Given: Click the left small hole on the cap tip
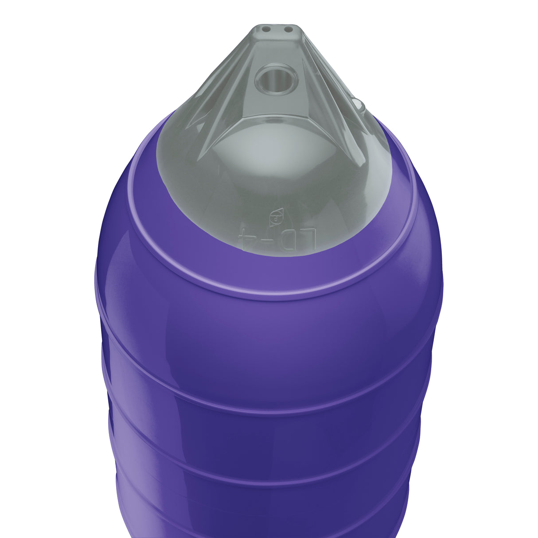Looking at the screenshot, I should (x=266, y=30).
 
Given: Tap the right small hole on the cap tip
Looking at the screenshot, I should (x=288, y=30).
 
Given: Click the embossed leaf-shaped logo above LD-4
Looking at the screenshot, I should (x=277, y=216).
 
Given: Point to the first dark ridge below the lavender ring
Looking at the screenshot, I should (x=266, y=401).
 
